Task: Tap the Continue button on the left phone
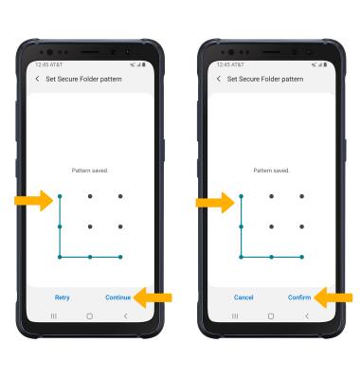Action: [x=117, y=298]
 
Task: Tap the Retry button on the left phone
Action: [x=62, y=298]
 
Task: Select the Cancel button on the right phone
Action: [x=243, y=298]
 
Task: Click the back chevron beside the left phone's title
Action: [x=37, y=79]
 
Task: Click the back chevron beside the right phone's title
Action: [x=219, y=79]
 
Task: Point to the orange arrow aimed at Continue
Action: [x=153, y=298]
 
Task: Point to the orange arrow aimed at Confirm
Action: [x=333, y=298]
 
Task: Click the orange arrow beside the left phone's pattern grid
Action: [x=34, y=200]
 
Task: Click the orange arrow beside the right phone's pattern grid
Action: [x=215, y=202]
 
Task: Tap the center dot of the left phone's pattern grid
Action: [x=90, y=226]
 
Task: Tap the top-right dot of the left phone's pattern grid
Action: [x=120, y=196]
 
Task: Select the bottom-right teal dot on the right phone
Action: [x=301, y=257]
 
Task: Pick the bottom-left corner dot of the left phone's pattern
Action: [x=60, y=257]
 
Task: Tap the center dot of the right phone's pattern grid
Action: [x=271, y=226]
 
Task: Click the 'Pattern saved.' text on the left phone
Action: [x=90, y=171]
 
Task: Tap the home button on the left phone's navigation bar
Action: [x=90, y=316]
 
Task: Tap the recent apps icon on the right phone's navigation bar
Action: [x=235, y=316]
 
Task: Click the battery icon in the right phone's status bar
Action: [x=325, y=64]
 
